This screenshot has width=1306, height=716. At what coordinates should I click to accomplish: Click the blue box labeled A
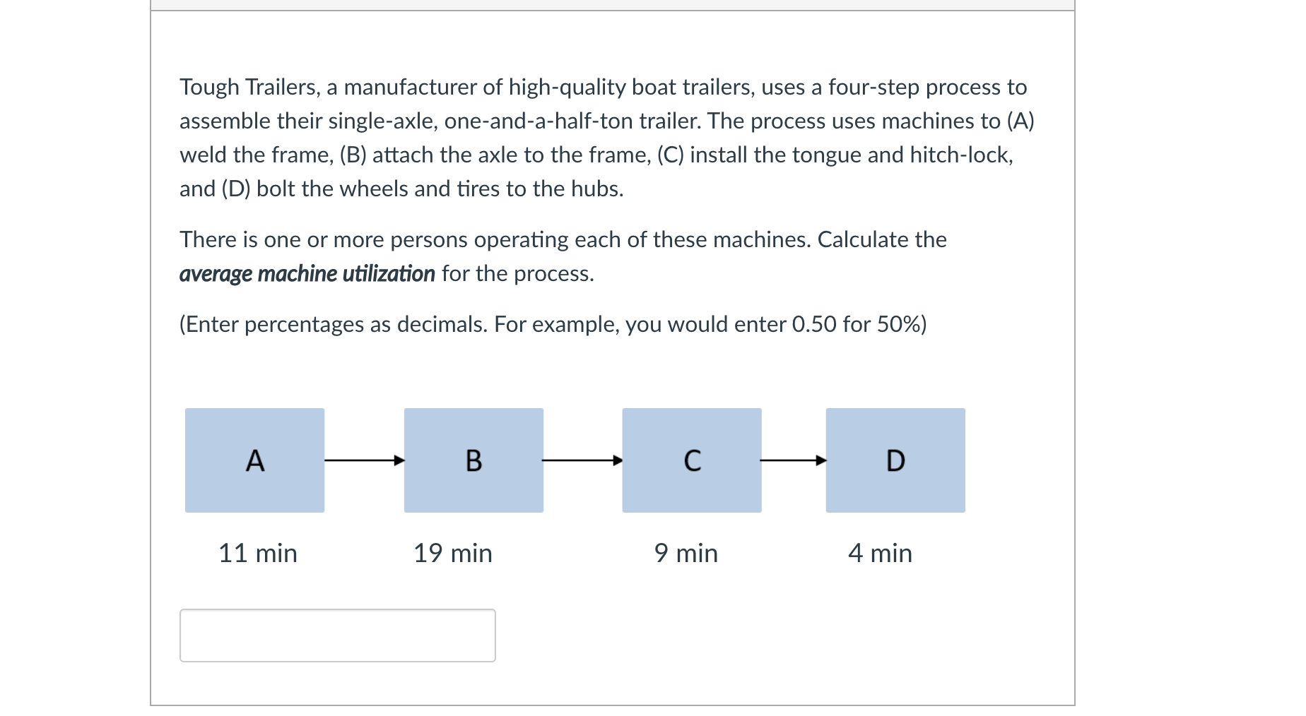click(x=254, y=460)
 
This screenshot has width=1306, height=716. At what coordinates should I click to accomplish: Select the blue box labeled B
click(x=473, y=460)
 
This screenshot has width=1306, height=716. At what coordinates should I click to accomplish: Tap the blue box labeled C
click(x=692, y=460)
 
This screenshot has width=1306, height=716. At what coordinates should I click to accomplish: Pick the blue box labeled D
click(x=895, y=460)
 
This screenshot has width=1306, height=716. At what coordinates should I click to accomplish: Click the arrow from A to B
click(x=365, y=460)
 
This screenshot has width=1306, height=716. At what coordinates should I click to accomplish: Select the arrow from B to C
click(x=583, y=460)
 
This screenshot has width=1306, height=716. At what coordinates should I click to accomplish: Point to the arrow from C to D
click(x=794, y=460)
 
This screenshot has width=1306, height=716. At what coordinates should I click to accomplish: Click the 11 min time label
click(x=258, y=553)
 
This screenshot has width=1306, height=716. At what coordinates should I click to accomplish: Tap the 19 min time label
click(x=453, y=553)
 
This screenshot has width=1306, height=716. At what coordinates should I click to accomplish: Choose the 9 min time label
click(x=686, y=553)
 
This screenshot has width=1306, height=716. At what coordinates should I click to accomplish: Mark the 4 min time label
click(x=881, y=553)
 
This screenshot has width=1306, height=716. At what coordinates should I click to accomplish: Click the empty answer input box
click(x=338, y=636)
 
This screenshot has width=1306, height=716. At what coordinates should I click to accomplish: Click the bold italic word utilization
click(x=389, y=273)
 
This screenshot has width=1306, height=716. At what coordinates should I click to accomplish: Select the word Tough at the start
click(x=209, y=87)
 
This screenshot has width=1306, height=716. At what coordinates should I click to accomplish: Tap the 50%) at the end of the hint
click(x=902, y=324)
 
